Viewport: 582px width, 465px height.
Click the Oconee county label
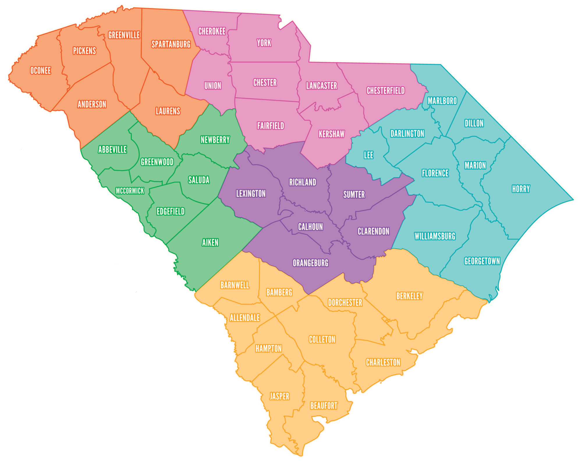(41, 70)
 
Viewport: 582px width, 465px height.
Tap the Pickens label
(84, 51)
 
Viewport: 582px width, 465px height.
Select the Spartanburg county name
(171, 44)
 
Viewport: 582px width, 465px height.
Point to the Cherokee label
(212, 31)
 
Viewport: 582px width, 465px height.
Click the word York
(264, 43)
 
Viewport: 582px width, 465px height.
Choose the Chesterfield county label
(386, 91)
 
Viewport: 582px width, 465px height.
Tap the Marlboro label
(442, 101)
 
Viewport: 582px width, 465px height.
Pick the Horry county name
(521, 189)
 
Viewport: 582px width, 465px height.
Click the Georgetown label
(482, 261)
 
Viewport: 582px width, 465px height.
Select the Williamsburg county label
(435, 236)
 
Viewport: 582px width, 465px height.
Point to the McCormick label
(130, 191)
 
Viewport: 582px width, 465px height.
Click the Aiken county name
(210, 243)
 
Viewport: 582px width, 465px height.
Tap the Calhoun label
(310, 227)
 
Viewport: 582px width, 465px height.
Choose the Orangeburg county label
(310, 263)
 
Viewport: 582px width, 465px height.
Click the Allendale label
(245, 318)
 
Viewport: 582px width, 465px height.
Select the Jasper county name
(279, 396)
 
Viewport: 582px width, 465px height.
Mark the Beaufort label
(324, 406)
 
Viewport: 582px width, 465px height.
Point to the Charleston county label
(383, 362)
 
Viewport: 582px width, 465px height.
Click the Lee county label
(368, 155)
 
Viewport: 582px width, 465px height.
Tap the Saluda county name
(199, 180)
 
